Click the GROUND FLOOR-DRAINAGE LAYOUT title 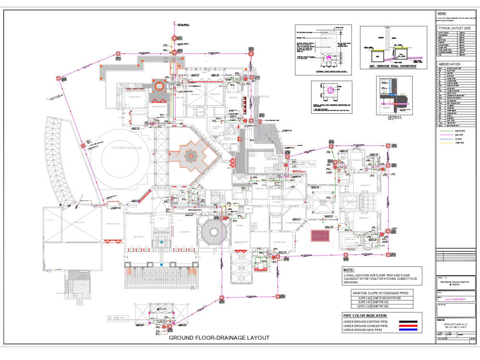219,338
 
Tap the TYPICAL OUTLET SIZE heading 455,28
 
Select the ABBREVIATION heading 450,63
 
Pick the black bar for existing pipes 409,322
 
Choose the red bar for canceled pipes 409,326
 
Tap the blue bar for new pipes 409,331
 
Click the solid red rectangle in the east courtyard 319,236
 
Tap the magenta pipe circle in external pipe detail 329,56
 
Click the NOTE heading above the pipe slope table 349,270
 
